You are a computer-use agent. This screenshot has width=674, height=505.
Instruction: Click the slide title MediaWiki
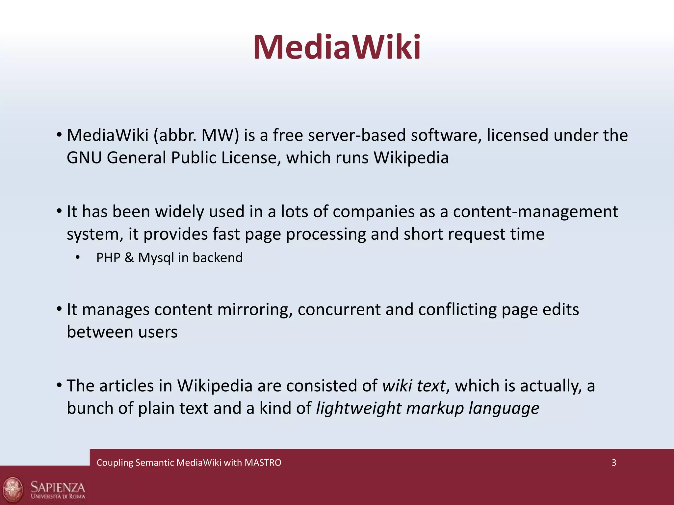[x=337, y=48]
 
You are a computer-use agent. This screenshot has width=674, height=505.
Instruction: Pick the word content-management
[x=535, y=212]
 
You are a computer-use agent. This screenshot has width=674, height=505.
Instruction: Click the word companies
[x=373, y=212]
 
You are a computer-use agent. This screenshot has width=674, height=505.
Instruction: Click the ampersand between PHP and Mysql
[x=129, y=258]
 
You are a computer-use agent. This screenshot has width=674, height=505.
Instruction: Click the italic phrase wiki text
[x=414, y=386]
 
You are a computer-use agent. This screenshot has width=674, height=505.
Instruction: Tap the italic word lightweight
[x=358, y=408]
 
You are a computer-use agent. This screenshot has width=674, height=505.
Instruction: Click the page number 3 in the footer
[x=614, y=463]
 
